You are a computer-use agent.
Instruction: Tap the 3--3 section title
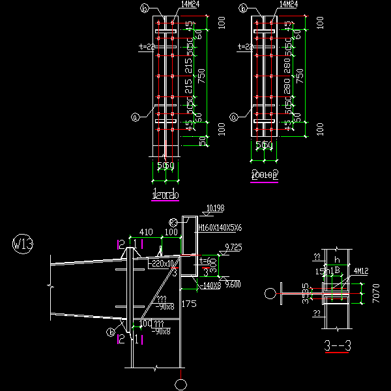(338, 345)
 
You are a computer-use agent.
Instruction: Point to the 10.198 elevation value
(214, 209)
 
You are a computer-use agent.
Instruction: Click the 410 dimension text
(145, 232)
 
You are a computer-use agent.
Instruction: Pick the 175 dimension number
(190, 304)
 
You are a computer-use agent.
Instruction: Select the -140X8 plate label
(209, 285)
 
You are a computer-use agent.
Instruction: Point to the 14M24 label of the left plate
(190, 5)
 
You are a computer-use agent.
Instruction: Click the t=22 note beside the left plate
(146, 47)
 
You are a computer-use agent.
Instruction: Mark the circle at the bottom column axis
(181, 383)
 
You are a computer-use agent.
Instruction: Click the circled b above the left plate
(145, 8)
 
